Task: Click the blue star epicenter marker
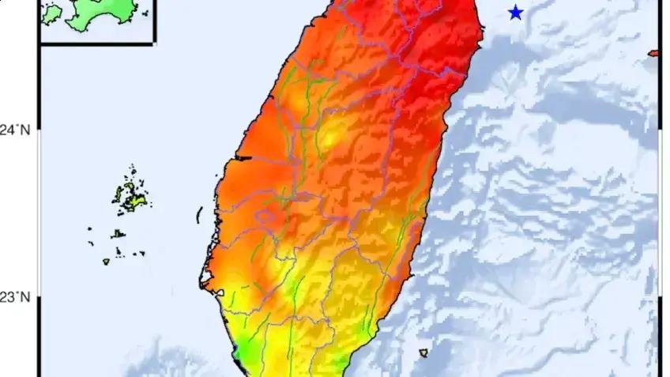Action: point(516,13)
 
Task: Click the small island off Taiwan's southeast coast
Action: point(423,352)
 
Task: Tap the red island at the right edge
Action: point(653,53)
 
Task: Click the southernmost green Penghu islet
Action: point(105,262)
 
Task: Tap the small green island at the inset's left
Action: point(51,13)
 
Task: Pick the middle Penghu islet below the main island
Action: point(117,234)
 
